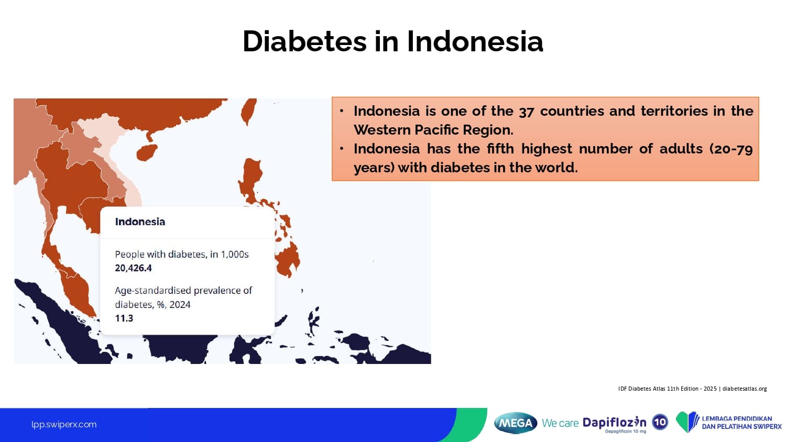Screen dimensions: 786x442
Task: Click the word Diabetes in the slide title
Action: [x=304, y=41]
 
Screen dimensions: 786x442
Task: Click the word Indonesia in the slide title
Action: [x=475, y=41]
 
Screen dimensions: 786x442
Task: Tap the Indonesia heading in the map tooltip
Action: [x=140, y=222]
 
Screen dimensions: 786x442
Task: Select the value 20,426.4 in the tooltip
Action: [x=133, y=268]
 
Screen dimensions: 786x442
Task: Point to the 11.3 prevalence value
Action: [x=124, y=318]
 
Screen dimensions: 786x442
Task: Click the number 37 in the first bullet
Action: [x=526, y=112]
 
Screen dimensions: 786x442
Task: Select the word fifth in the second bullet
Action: [x=500, y=149]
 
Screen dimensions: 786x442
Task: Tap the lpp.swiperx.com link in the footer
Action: [x=64, y=425]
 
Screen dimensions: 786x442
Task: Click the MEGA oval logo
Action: [x=516, y=423]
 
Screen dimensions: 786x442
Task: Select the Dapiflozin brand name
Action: [x=615, y=422]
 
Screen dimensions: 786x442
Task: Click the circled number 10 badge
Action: [x=660, y=422]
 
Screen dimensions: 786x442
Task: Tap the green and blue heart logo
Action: [x=687, y=422]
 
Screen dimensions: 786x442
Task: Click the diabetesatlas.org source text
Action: [x=745, y=389]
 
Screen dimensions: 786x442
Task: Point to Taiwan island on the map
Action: [x=248, y=111]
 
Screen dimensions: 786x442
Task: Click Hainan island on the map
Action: [x=147, y=152]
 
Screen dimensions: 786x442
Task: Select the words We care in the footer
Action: [x=560, y=423]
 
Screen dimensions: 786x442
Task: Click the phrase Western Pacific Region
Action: [x=433, y=130]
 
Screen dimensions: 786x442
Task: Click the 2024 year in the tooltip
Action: [x=180, y=304]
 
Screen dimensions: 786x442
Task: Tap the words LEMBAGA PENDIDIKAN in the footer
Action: [x=737, y=418]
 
